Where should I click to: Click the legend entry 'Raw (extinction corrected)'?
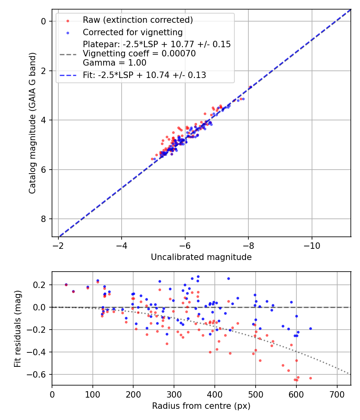coord(138,20)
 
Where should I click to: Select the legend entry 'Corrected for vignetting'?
coord(132,32)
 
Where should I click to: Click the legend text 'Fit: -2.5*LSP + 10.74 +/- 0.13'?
coord(144,75)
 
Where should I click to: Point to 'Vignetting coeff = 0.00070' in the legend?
coord(139,54)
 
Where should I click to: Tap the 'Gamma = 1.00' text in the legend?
coord(114,63)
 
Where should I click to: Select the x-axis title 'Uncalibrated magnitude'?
coord(201,257)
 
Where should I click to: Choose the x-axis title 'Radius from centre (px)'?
coord(201,406)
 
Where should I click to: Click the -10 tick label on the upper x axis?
coord(312,245)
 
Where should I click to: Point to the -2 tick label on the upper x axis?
coord(58,245)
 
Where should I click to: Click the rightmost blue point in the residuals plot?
coord(310,328)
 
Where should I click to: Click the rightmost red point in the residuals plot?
coord(310,378)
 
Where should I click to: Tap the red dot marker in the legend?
coord(68,20)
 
